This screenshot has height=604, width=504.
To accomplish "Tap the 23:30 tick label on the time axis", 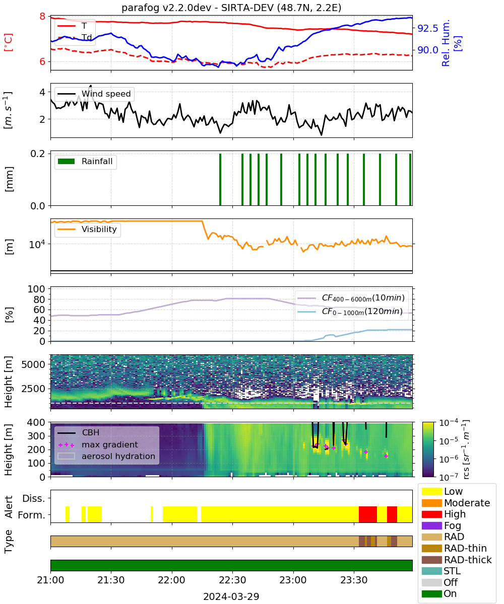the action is (354, 580).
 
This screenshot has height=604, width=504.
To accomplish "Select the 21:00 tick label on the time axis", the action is (50, 580).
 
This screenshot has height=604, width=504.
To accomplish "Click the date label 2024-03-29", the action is (231, 596).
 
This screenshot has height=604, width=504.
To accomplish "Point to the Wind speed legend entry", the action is (94, 94).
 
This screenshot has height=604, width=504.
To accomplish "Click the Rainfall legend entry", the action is (85, 161).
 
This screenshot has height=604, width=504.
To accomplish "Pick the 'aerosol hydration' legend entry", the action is (106, 456).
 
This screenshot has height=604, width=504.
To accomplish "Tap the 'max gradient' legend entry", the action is (98, 444).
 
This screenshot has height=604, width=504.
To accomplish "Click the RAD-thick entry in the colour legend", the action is (457, 560).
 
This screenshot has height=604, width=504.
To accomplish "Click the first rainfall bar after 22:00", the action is (220, 179).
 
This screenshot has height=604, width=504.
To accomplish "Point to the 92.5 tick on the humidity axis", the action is (428, 28).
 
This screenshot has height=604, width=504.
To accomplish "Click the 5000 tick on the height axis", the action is (33, 364).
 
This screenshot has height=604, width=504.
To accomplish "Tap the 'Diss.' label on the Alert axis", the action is (34, 498).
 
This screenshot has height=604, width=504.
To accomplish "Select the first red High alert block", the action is (368, 514).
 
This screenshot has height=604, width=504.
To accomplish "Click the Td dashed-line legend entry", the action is (75, 37).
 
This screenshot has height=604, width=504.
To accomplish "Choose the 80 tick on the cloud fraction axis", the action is (39, 299).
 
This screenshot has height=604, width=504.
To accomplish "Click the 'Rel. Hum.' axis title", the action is (446, 43).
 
